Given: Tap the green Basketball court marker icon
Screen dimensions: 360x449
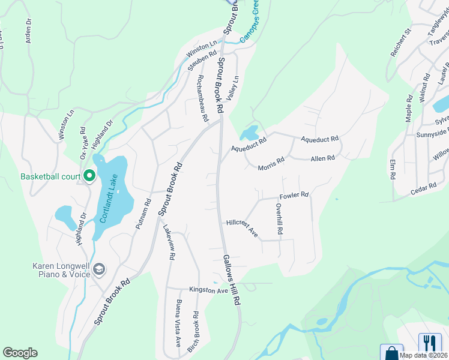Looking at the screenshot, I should (89, 176).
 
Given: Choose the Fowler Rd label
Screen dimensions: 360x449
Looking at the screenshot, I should (294, 196).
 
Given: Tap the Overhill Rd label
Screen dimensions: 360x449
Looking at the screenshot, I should (279, 218).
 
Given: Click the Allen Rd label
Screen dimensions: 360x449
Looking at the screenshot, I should (322, 158).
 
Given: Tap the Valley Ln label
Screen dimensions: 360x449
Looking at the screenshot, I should (232, 88).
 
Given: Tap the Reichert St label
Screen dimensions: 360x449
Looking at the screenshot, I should (400, 41).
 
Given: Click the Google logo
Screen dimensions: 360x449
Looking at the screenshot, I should (20, 352).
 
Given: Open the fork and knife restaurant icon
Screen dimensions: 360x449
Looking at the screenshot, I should (429, 343).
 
